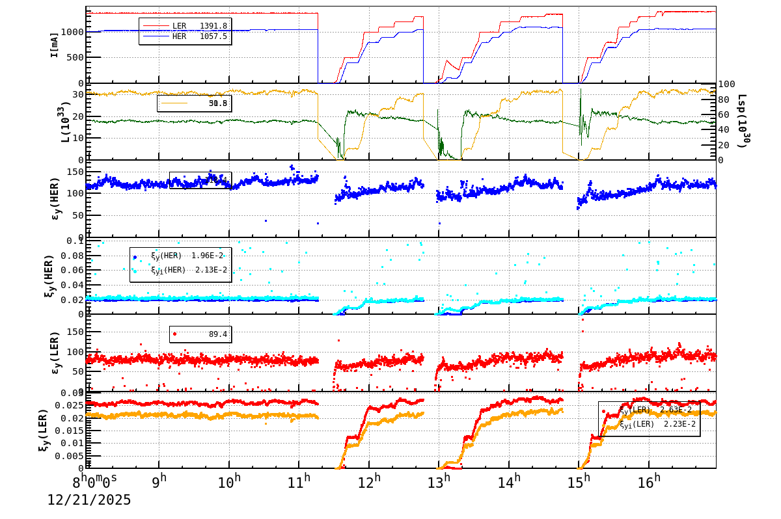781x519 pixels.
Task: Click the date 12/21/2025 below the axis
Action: [x=89, y=500]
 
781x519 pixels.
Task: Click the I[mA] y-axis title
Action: [x=55, y=44]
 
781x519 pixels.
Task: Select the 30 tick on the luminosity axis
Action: [x=77, y=94]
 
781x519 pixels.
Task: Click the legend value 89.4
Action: [x=217, y=334]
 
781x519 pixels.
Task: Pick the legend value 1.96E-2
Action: [x=207, y=256]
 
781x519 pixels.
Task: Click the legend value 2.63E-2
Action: [x=676, y=410]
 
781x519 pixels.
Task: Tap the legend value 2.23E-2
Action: [x=679, y=424]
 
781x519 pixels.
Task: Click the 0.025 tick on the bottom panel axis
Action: [x=70, y=406]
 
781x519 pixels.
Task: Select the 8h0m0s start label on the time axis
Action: [x=95, y=482]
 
